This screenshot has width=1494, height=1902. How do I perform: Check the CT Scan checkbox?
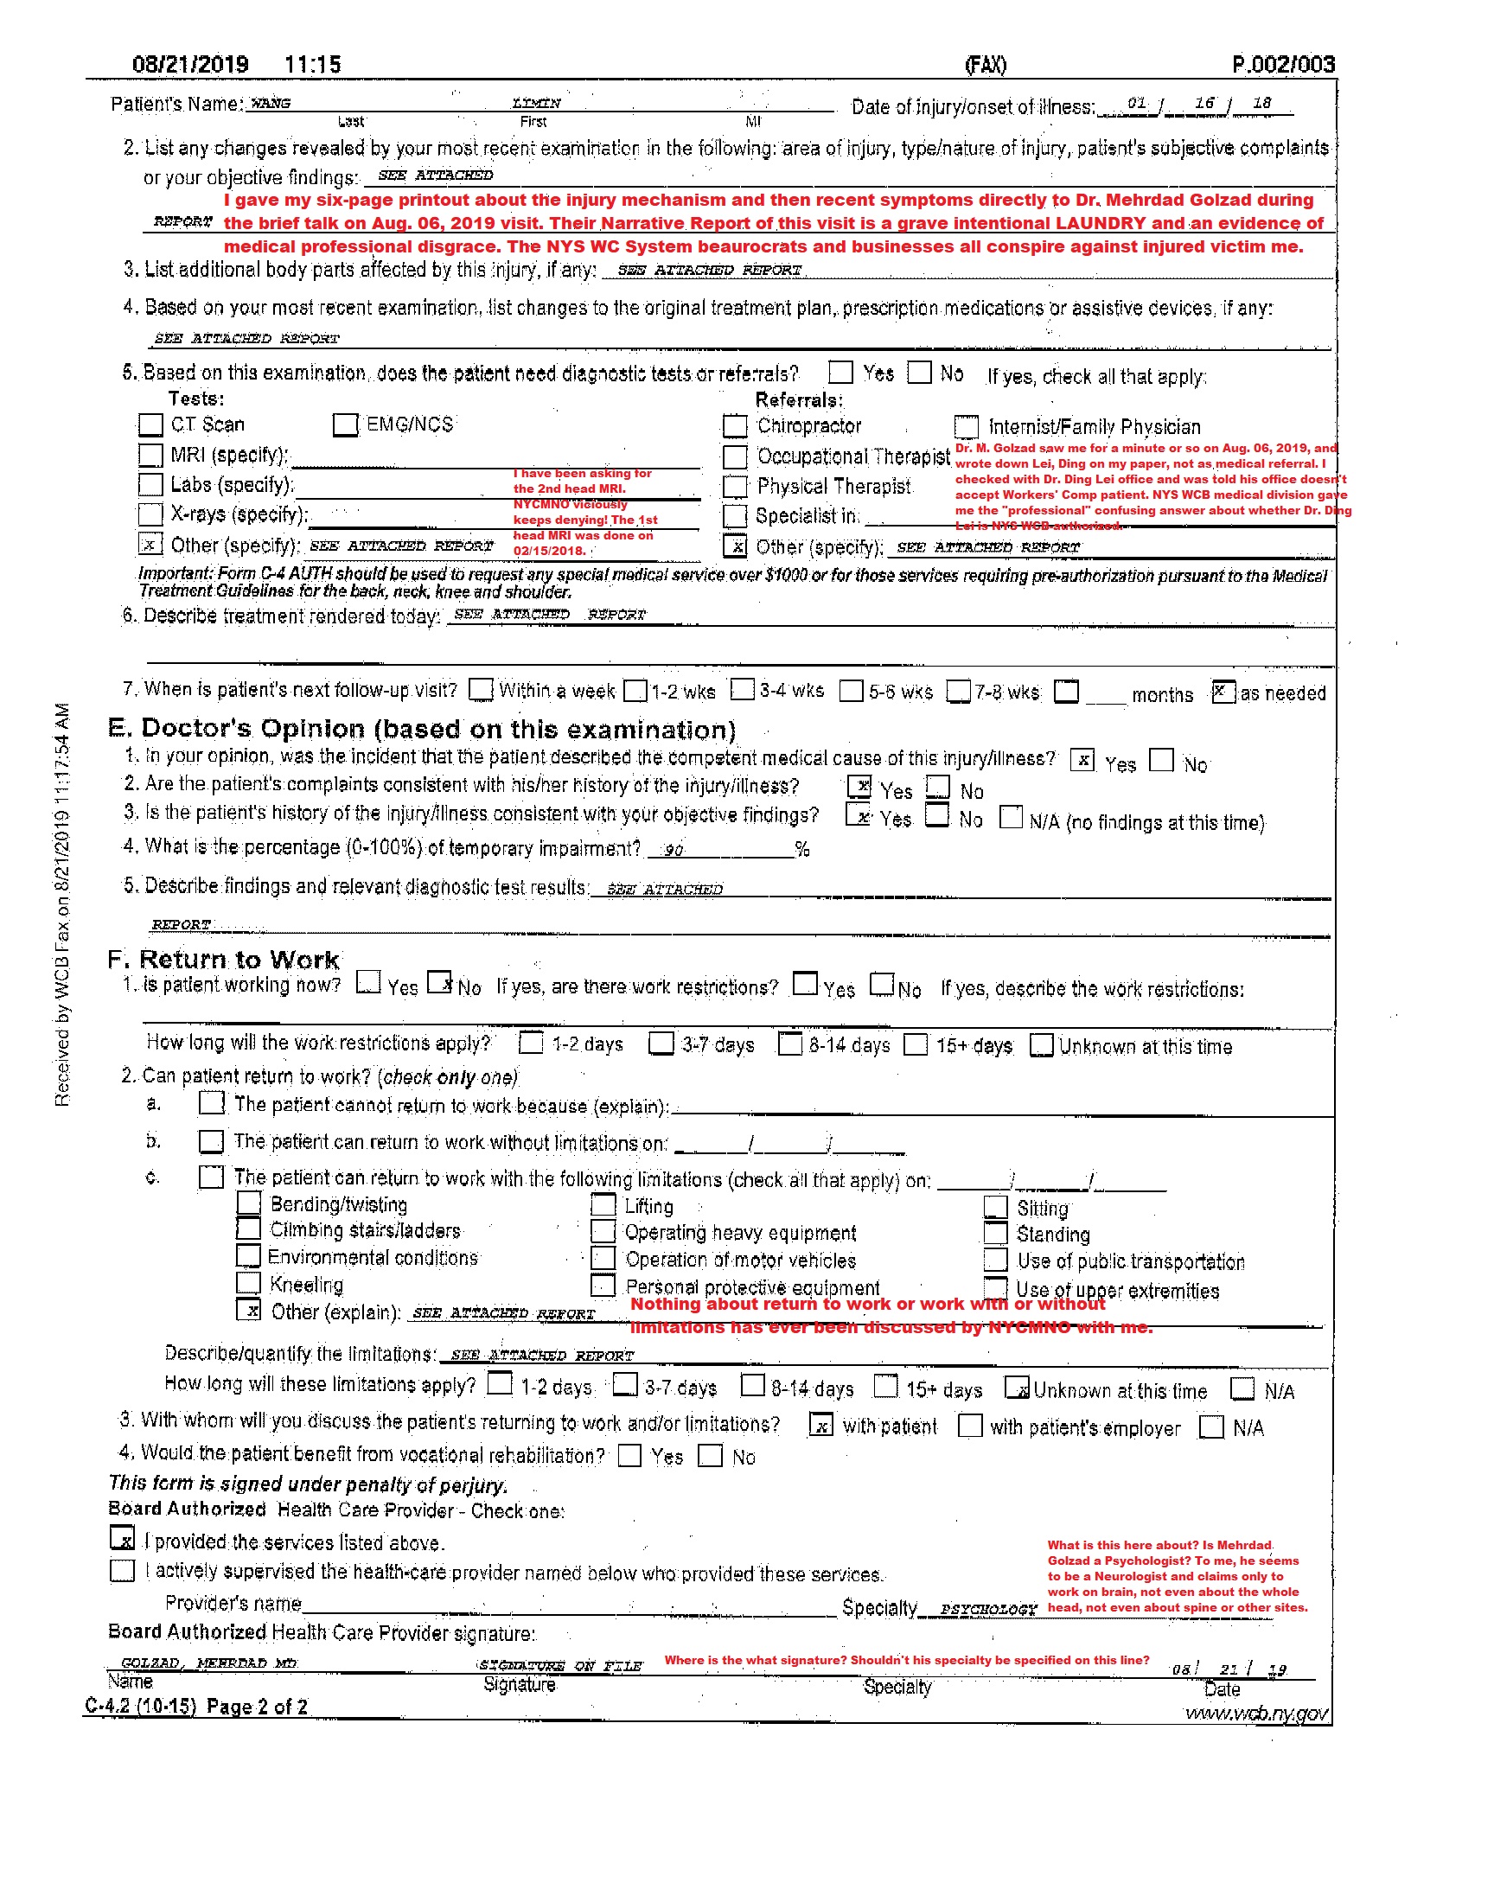(150, 425)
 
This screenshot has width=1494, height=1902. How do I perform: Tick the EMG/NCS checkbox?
(346, 425)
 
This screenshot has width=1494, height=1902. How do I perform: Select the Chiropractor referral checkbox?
(735, 426)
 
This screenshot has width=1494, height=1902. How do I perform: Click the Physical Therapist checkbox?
(735, 486)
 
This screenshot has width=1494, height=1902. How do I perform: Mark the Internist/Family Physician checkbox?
(966, 426)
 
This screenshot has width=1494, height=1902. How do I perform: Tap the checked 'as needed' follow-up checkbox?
(1223, 693)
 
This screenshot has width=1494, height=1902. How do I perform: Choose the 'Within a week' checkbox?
(480, 690)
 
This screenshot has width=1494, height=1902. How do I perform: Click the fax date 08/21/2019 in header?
(190, 65)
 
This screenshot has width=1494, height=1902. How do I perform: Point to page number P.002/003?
(1282, 65)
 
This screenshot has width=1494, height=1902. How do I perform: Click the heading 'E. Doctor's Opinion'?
(422, 729)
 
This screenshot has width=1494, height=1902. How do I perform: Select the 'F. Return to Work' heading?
(223, 960)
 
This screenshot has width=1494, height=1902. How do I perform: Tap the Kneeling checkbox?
(248, 1283)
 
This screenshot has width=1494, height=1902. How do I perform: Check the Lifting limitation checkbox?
(603, 1205)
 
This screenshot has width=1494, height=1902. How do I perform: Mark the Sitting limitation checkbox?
(995, 1207)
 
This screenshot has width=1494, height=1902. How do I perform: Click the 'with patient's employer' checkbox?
(969, 1426)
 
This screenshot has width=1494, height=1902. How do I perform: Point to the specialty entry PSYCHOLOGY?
(987, 1609)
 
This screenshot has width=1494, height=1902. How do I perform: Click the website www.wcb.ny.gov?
(1256, 1714)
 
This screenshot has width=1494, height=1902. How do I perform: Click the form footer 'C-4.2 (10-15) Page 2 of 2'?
(196, 1706)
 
